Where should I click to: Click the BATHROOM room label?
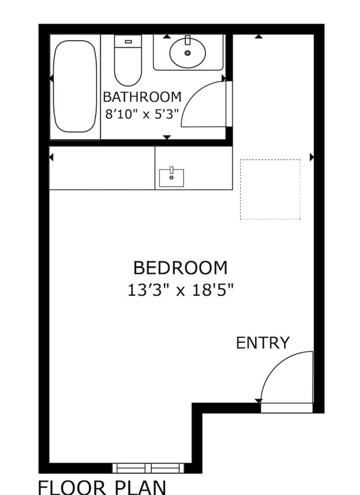click(x=142, y=97)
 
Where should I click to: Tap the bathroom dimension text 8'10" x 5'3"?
click(x=142, y=114)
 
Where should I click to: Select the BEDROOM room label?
click(x=180, y=268)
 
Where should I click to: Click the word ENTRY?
click(x=263, y=343)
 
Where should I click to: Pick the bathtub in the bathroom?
click(x=75, y=86)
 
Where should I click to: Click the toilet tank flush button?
click(x=128, y=41)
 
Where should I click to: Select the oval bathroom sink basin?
click(x=188, y=53)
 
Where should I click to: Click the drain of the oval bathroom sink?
click(x=188, y=53)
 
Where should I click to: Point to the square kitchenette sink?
click(x=171, y=178)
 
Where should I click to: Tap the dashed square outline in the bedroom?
click(x=270, y=160)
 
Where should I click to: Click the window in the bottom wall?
click(x=148, y=468)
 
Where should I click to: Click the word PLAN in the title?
click(x=140, y=488)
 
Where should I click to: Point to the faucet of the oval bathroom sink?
click(x=188, y=40)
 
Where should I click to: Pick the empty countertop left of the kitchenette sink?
click(x=102, y=168)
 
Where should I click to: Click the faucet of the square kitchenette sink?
click(x=171, y=170)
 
